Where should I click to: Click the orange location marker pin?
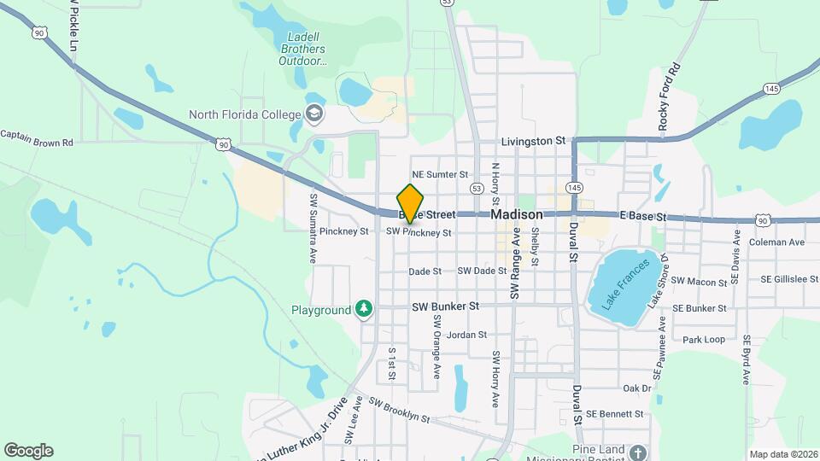click(411, 203)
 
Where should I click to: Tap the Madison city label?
click(517, 215)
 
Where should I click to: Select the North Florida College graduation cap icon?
click(314, 114)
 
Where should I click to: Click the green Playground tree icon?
click(365, 308)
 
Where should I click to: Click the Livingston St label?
click(534, 140)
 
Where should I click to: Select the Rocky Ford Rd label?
click(669, 96)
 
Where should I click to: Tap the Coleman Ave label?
click(776, 242)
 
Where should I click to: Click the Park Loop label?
click(704, 339)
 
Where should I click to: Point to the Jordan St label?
click(466, 336)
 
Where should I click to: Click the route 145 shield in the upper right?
click(772, 89)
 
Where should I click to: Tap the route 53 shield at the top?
click(448, 3)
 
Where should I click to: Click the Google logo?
click(28, 451)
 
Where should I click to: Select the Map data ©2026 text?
click(782, 453)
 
